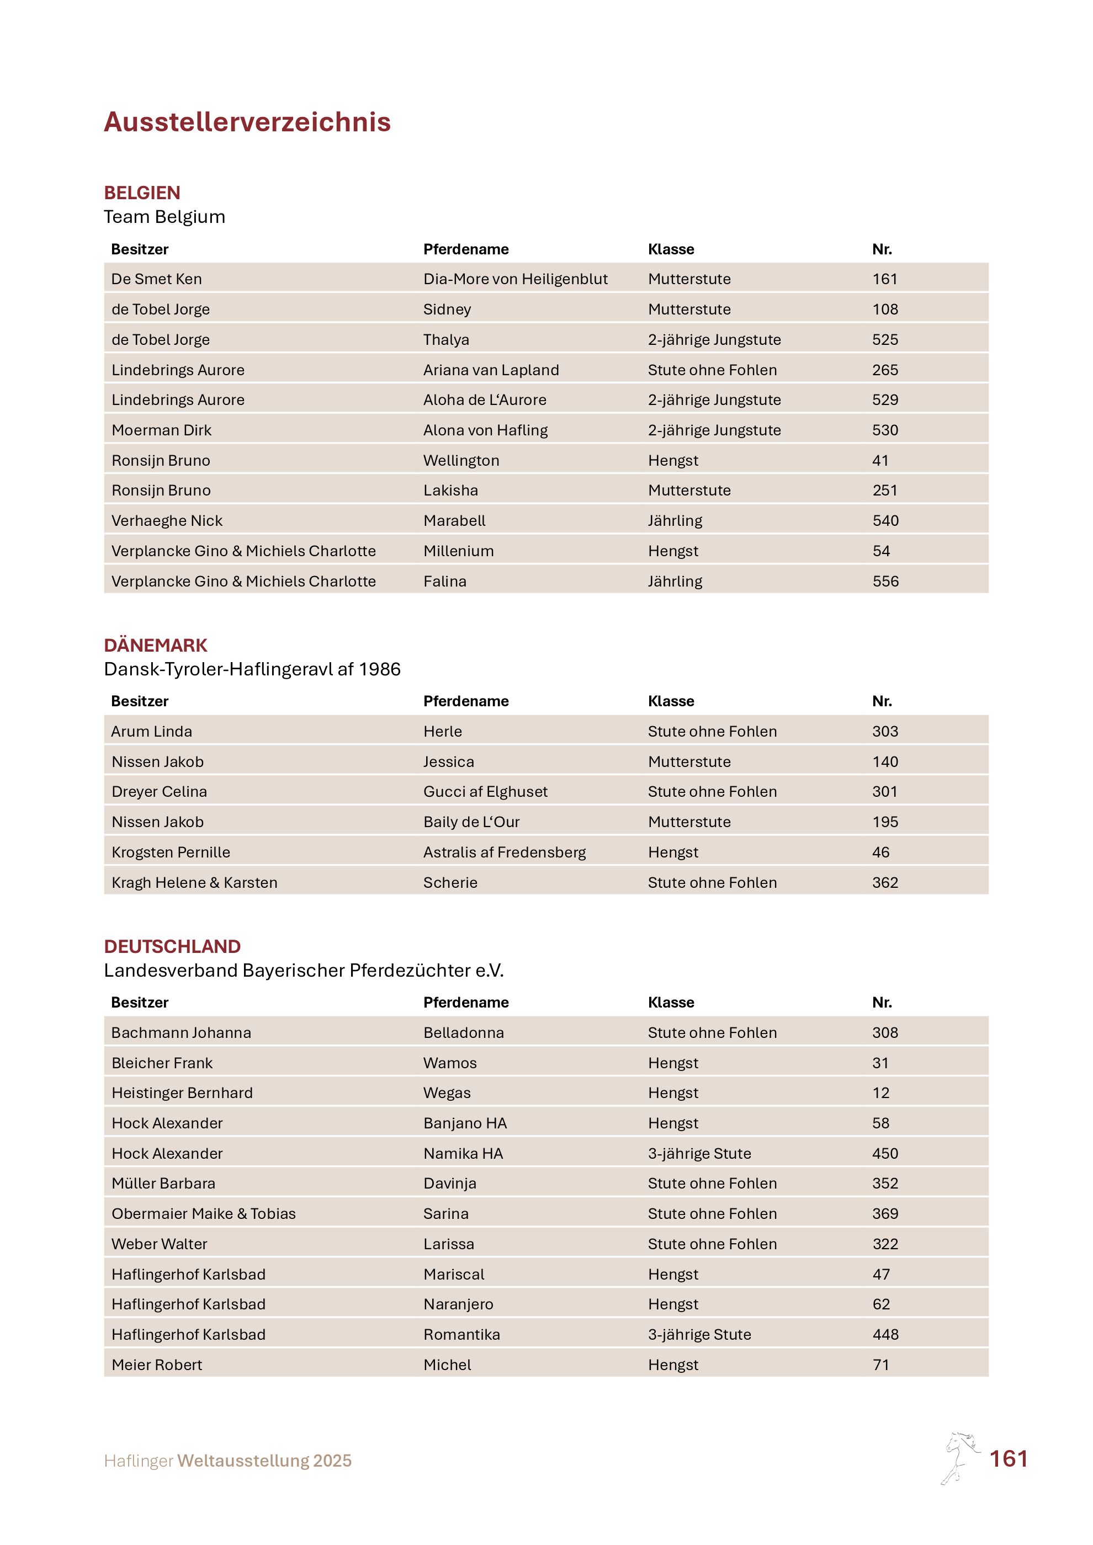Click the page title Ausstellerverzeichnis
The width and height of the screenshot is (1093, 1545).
coord(247,122)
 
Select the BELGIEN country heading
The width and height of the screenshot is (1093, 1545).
coord(142,193)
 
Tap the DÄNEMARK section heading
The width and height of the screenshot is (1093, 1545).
coord(156,646)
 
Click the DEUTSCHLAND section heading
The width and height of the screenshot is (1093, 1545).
coord(172,946)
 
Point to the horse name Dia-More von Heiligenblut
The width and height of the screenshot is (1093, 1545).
coord(515,279)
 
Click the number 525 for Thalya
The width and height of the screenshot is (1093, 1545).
coord(884,340)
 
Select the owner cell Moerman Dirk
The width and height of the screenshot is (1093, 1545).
coord(162,430)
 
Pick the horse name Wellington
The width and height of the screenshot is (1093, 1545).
coord(461,460)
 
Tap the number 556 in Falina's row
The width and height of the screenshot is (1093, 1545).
coord(885,582)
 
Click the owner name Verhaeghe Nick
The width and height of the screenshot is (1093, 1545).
coord(167,521)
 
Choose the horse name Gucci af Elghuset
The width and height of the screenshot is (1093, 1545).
coord(485,791)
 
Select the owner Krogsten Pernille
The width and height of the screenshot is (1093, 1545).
coord(171,852)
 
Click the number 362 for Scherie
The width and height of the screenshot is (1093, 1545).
coord(884,882)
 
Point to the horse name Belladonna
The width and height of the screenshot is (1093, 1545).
coord(463,1032)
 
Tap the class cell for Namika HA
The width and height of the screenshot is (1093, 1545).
coord(699,1153)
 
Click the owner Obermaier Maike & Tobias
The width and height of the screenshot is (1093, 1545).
coord(203,1213)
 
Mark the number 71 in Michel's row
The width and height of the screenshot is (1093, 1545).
coord(880,1365)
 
